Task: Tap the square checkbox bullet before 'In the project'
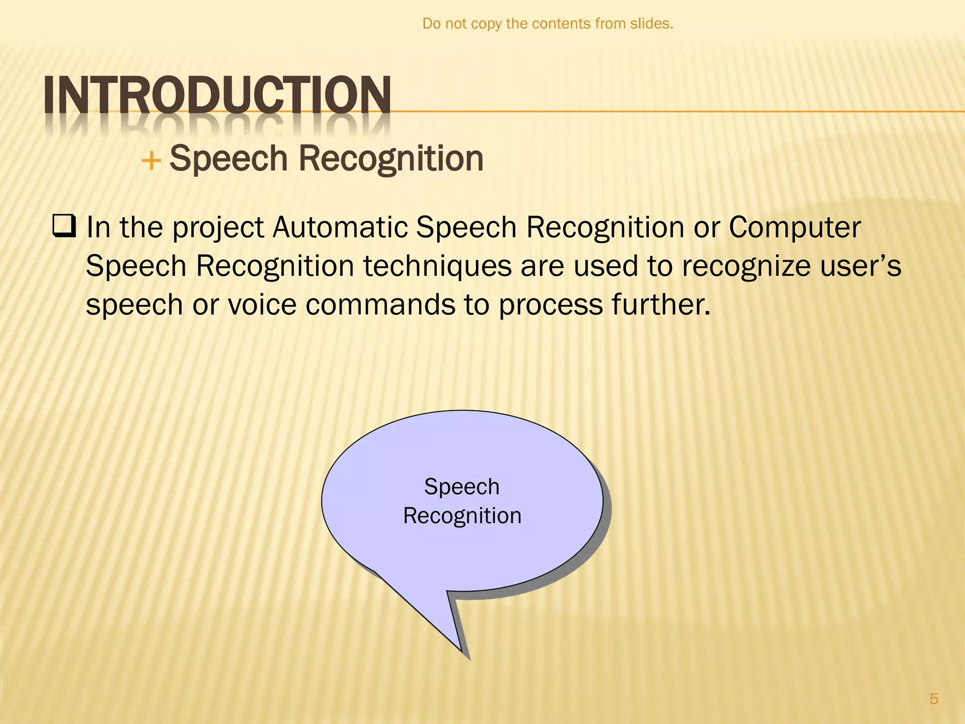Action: [64, 227]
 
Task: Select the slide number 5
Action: [933, 699]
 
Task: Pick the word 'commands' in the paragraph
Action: [380, 304]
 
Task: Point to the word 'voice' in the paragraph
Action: [262, 304]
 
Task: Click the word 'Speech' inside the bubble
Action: [462, 486]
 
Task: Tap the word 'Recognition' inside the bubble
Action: [462, 516]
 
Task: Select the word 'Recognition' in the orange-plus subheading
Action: [391, 158]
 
